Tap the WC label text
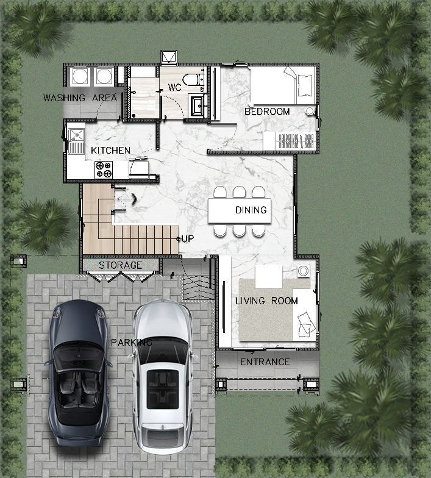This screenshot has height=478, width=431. click(x=174, y=88)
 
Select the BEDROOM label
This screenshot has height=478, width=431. click(x=267, y=112)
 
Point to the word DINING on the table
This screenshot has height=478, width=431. click(x=251, y=210)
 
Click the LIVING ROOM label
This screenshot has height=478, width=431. click(x=266, y=301)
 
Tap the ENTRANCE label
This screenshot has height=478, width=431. click(x=265, y=362)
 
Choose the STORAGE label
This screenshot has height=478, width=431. click(x=121, y=265)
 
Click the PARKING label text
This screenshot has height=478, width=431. click(x=132, y=343)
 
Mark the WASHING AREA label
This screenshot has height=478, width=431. click(x=80, y=98)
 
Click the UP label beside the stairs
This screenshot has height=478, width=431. click(x=187, y=239)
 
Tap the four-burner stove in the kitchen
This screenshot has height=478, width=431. click(x=104, y=169)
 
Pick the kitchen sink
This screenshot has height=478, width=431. click(x=76, y=141)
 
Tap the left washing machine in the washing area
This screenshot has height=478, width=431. click(x=80, y=76)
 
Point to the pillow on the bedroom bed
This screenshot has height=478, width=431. click(x=305, y=85)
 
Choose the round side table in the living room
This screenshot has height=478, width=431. click(x=304, y=271)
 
